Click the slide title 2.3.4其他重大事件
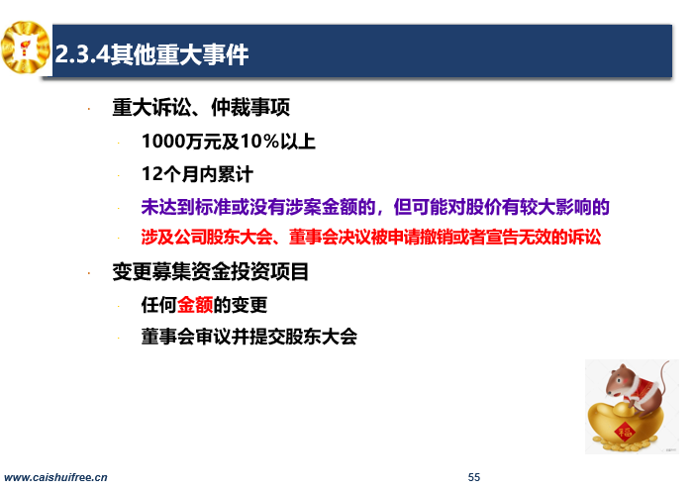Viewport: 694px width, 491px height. coord(151,54)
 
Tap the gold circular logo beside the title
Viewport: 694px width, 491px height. coord(26,48)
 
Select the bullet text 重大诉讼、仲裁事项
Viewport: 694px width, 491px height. coord(201,107)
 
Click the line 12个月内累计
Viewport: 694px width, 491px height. coord(197,174)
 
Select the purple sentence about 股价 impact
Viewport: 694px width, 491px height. coord(375,207)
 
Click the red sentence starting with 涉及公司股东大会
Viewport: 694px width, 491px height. coord(371,237)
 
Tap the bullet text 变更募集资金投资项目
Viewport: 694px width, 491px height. coord(210,271)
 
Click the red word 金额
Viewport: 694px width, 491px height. coord(195,305)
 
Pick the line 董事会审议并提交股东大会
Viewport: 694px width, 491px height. coord(249,337)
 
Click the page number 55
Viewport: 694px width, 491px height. coord(474,477)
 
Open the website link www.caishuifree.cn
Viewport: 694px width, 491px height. coord(55,477)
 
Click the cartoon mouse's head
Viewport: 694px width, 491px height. coord(621,379)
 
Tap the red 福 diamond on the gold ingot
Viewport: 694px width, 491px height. coord(625,431)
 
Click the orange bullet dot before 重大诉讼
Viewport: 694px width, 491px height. coord(89,109)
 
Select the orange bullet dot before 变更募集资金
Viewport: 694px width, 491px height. coord(89,273)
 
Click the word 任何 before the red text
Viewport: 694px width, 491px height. coord(158,305)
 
